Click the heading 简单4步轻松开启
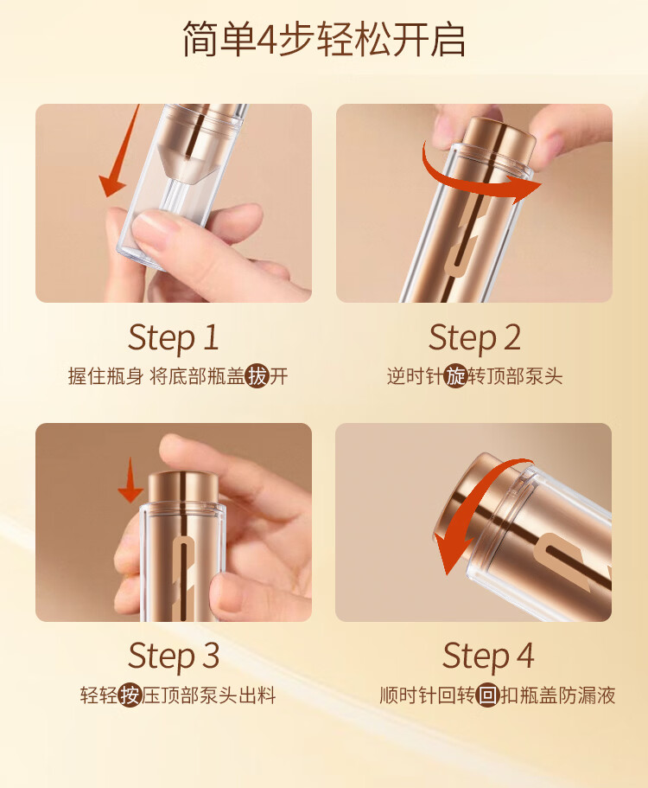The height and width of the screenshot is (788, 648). [324, 39]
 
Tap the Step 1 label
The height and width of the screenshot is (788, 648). [173, 337]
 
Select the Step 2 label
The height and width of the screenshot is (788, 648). [474, 337]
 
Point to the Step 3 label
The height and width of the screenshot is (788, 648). [173, 657]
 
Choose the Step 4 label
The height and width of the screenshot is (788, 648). [488, 657]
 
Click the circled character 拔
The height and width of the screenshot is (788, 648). [257, 376]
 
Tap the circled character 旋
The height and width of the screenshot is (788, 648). [456, 376]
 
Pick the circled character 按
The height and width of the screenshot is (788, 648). [130, 695]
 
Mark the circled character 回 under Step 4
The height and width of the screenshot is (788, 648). [488, 695]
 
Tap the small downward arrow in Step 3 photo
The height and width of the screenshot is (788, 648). [130, 480]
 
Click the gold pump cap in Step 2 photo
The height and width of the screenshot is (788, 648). [499, 135]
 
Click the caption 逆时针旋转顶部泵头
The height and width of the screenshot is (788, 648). [475, 376]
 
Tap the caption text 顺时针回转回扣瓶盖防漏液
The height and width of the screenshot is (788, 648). [498, 695]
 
